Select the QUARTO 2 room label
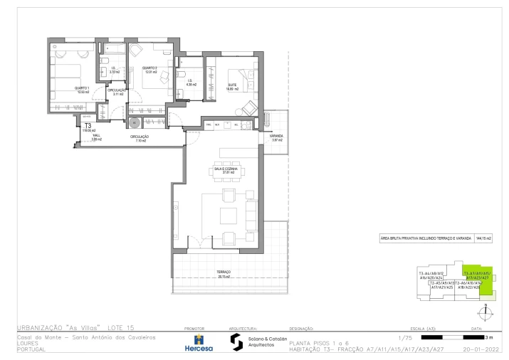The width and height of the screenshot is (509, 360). point(149,70)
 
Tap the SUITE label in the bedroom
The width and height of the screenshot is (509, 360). point(232,84)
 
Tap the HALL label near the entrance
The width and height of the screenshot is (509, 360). point(96,137)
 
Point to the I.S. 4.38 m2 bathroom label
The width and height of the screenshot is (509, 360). point(191,83)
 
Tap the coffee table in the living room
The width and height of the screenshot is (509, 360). point(228,216)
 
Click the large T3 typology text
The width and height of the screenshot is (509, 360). point(88,125)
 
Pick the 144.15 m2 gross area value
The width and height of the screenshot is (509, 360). point(484,239)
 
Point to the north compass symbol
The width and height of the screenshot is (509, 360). point(484,312)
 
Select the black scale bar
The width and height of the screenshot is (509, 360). point(452,337)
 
